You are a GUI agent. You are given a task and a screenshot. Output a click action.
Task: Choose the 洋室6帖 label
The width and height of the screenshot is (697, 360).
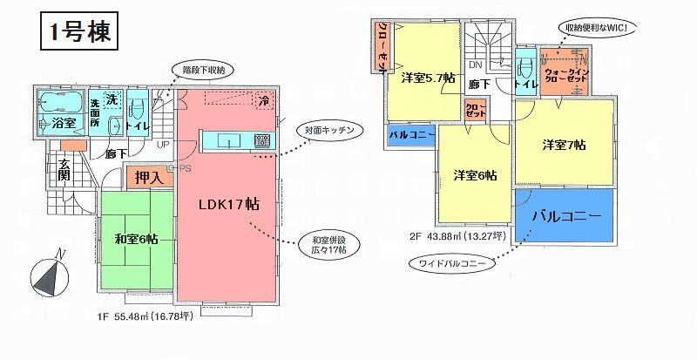coord(474,174)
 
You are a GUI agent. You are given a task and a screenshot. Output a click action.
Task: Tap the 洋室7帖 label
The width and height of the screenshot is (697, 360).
coord(565,143)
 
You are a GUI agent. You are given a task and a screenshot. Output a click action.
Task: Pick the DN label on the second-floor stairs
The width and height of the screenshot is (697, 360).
coord(476,65)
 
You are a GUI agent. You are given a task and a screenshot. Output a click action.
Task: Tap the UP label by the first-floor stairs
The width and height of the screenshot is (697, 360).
coord(164,145)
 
